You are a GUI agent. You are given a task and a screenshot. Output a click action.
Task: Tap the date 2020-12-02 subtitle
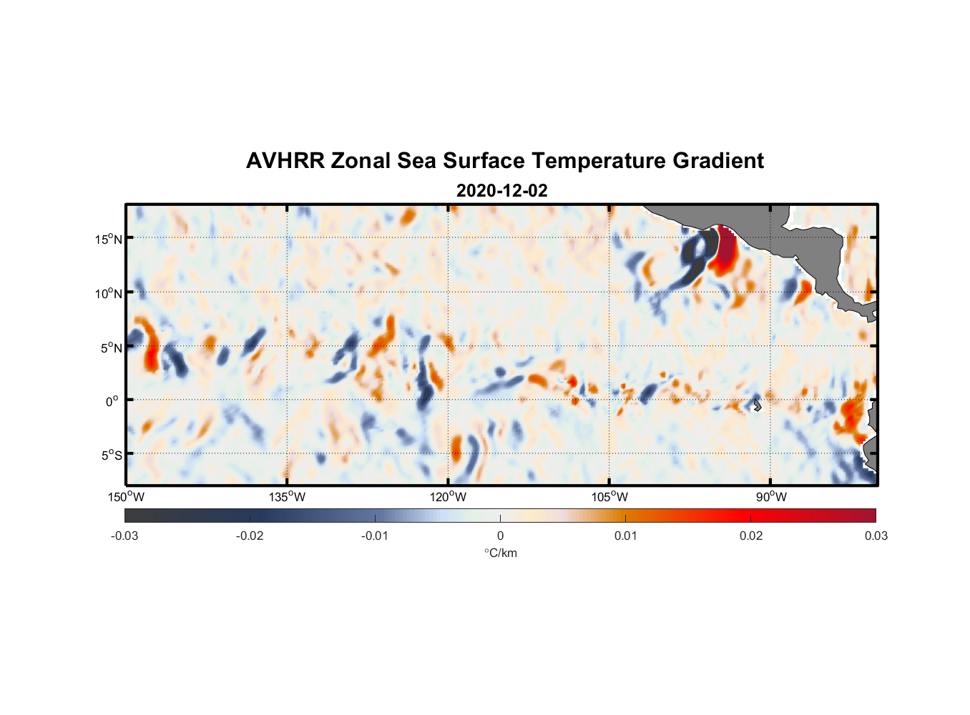coord(501,191)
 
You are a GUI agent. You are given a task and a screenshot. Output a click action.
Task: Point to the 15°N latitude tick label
coord(109,239)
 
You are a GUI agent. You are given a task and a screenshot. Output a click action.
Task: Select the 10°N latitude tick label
coord(109,293)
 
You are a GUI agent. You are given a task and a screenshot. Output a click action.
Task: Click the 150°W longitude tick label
coord(126,497)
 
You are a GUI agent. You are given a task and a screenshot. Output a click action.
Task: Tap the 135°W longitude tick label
coord(287,497)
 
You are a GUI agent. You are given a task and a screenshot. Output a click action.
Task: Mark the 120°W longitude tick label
coord(448,497)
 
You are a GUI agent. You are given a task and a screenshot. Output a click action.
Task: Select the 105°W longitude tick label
coord(609,497)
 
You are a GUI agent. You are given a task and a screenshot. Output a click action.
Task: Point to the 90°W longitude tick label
coord(770,497)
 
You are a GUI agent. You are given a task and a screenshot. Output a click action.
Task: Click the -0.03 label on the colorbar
coord(124,536)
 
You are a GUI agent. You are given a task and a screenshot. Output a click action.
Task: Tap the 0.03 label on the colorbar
coord(876,536)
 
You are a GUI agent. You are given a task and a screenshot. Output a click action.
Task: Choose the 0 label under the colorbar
coord(500,536)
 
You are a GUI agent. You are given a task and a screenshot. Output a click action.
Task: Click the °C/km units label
coord(500,553)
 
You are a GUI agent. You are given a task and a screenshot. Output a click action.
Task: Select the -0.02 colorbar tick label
coord(250,536)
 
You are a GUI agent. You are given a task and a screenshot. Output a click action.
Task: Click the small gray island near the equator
coord(756,405)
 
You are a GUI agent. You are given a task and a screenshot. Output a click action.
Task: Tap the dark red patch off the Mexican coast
coord(726,247)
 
